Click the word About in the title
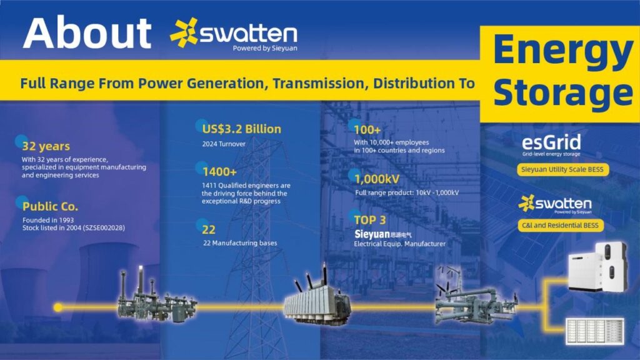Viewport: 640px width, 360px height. pyautogui.click(x=87, y=33)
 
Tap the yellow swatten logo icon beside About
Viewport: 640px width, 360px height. pyautogui.click(x=184, y=32)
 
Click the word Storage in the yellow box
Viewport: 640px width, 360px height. pyautogui.click(x=563, y=92)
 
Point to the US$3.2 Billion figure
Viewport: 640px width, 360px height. pyautogui.click(x=242, y=129)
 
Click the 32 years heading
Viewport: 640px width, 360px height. pyautogui.click(x=46, y=146)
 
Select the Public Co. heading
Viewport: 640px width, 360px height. pyautogui.click(x=50, y=206)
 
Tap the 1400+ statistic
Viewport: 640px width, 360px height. pyautogui.click(x=219, y=172)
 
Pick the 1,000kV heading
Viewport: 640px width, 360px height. pyautogui.click(x=377, y=179)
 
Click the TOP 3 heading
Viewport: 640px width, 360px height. pyautogui.click(x=370, y=220)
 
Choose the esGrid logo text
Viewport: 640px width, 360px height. pyautogui.click(x=551, y=142)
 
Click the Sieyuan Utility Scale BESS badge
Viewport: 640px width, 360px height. pyautogui.click(x=562, y=169)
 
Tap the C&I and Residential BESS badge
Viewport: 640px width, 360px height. pyautogui.click(x=561, y=225)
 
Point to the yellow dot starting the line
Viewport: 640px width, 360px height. pyautogui.click(x=58, y=307)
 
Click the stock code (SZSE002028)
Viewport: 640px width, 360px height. pyautogui.click(x=104, y=227)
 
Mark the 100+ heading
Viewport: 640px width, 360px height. pyautogui.click(x=367, y=130)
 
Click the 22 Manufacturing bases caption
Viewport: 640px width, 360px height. pyautogui.click(x=240, y=243)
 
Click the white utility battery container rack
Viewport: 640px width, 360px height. pyautogui.click(x=595, y=331)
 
